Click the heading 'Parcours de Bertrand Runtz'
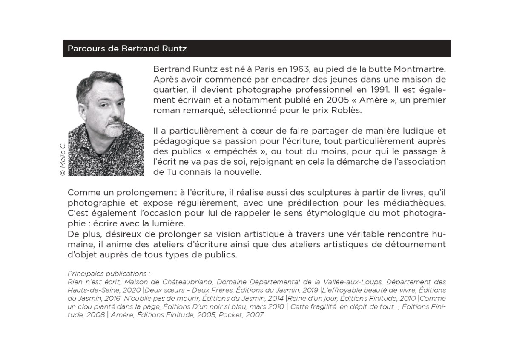127,49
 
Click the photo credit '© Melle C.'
63,158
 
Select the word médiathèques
412,203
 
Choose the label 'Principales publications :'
109,274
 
